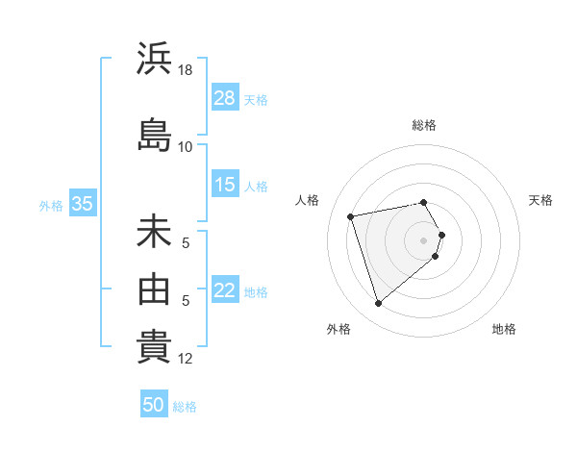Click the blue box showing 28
[225, 98]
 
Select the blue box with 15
[225, 185]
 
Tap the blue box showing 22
[225, 290]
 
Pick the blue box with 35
[82, 204]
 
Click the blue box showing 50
[153, 405]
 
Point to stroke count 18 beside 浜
[187, 70]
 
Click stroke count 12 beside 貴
[186, 359]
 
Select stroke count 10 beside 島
[186, 146]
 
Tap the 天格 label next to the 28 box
[256, 99]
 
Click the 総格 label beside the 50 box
[185, 407]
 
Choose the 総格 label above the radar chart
[424, 125]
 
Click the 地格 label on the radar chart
[504, 329]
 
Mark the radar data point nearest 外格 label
[378, 303]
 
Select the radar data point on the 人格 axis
[351, 215]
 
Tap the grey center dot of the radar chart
[423, 239]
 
